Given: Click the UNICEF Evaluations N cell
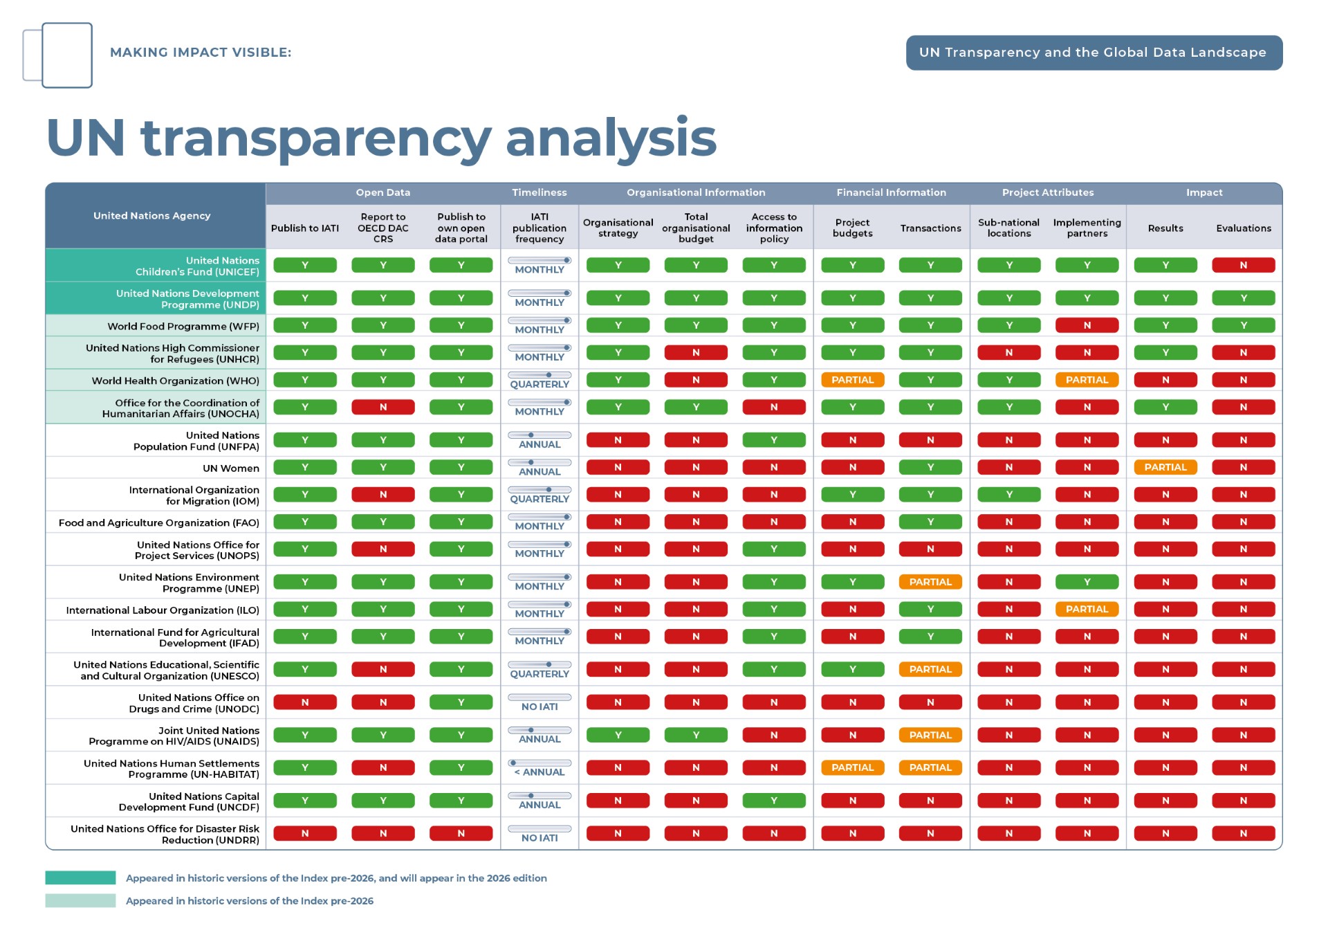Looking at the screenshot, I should pos(1243,265).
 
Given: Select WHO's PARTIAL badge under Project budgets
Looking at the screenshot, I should pos(852,380).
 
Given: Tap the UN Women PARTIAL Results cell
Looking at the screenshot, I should pos(1165,467).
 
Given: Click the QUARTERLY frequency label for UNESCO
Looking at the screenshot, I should pos(539,674).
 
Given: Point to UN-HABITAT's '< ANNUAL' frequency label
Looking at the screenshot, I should pos(539,772).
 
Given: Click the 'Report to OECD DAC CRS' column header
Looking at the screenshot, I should pos(382,228).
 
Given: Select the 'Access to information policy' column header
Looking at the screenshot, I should pos(774,228).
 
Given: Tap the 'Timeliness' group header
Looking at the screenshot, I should pos(539,192).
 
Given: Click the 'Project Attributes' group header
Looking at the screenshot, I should pos(1048,192).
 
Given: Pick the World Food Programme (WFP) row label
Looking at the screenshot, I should pos(183,326).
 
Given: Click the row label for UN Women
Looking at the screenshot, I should pos(231,468).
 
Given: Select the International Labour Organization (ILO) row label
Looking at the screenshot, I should pos(163,610).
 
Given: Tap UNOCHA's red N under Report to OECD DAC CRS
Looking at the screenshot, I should pos(382,407).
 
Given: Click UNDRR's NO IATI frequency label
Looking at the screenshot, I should pos(539,838).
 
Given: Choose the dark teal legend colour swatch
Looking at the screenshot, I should pos(80,877).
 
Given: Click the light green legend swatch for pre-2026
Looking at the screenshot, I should pos(80,900).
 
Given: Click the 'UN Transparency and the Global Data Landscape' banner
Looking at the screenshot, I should pos(1094,53).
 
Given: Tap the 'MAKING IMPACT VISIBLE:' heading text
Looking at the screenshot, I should pos(201,53).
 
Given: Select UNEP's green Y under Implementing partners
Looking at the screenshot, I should pos(1087,582).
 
